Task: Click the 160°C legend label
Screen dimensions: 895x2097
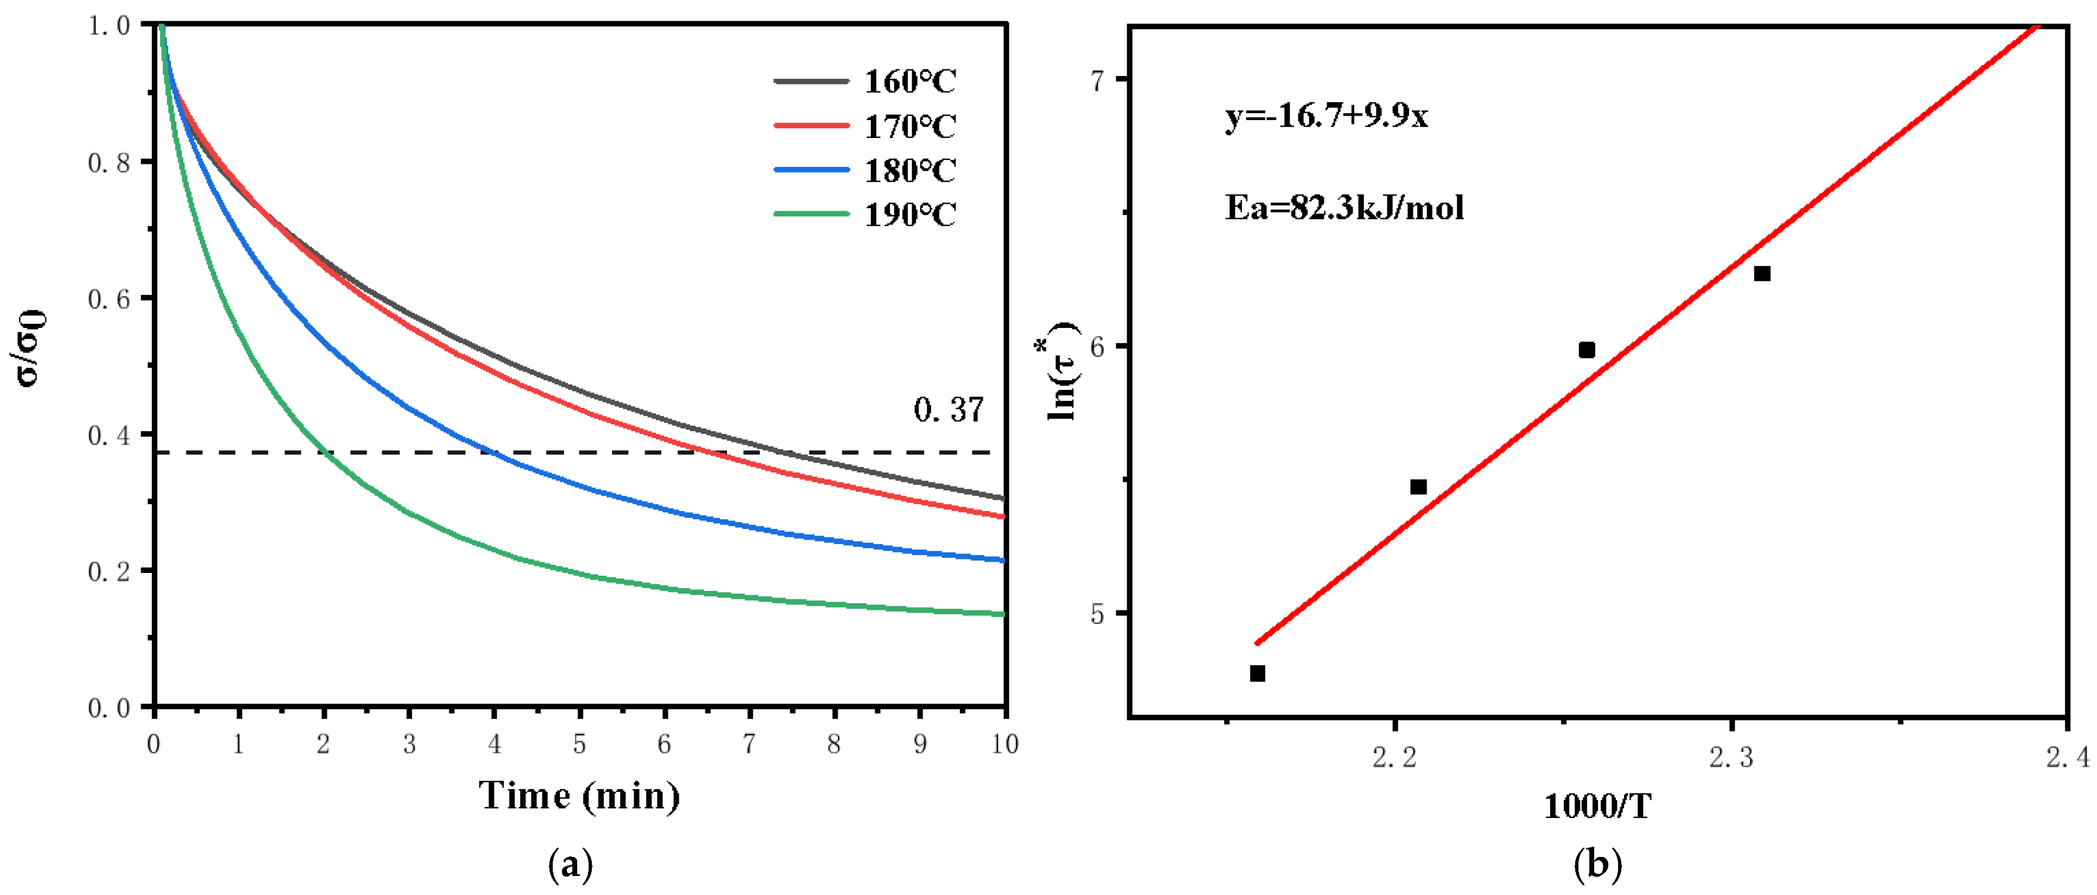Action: click(x=909, y=81)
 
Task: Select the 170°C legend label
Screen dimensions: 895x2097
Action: click(x=909, y=126)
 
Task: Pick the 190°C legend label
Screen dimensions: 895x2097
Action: click(x=909, y=215)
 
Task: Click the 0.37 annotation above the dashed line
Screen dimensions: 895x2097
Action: click(x=949, y=409)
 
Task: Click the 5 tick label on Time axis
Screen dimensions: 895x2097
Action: click(x=579, y=743)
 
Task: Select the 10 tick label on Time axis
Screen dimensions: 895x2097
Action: click(x=1005, y=743)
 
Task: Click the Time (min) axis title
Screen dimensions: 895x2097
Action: click(x=579, y=796)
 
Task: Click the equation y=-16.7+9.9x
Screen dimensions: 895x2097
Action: click(x=1326, y=116)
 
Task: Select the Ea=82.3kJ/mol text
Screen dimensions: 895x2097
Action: click(x=1344, y=207)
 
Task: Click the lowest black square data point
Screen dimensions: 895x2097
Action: click(x=1257, y=673)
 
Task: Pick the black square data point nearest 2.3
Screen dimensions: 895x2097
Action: click(x=1761, y=274)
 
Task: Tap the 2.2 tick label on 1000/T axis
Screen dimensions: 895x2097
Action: click(x=1394, y=758)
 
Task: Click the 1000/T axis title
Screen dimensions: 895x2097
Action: click(x=1597, y=806)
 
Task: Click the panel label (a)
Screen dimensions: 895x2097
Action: click(x=571, y=864)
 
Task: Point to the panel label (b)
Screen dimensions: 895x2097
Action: click(x=1597, y=864)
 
